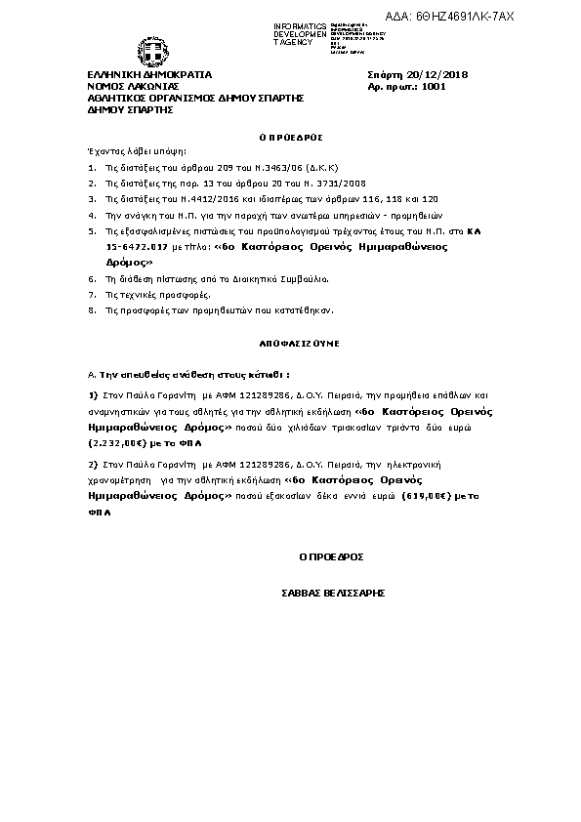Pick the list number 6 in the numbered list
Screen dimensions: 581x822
tap(92, 278)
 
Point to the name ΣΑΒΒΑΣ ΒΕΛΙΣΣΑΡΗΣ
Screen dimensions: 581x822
tap(332, 593)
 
